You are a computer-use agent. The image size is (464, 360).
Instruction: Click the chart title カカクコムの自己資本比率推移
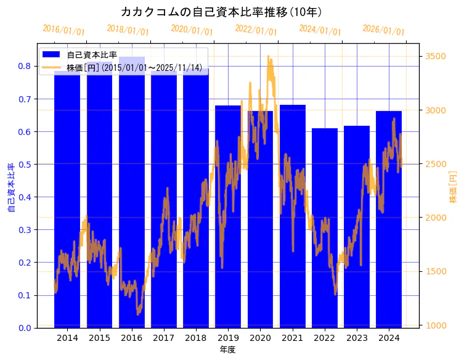coord(221,12)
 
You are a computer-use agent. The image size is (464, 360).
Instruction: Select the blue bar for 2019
coord(228,216)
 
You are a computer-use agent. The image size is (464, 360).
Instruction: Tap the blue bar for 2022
coord(325,228)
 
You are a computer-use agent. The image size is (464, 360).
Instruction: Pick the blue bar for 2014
coord(67,197)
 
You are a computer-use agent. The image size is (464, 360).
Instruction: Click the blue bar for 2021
coord(293,216)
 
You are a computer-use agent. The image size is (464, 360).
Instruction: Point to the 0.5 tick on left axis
coord(26,165)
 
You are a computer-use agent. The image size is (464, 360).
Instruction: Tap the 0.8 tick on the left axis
coord(26,66)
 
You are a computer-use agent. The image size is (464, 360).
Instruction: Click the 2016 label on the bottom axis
coord(131,338)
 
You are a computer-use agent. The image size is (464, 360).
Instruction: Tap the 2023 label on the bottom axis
coord(357,338)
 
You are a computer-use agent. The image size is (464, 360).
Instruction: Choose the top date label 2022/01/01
coord(256,30)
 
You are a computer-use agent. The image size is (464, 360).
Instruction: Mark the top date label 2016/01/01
coord(63,30)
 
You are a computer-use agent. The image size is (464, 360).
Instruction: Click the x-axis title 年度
coord(228,350)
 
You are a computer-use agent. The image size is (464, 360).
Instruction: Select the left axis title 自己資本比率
coord(10,188)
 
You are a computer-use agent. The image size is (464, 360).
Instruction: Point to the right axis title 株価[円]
coord(453,188)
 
